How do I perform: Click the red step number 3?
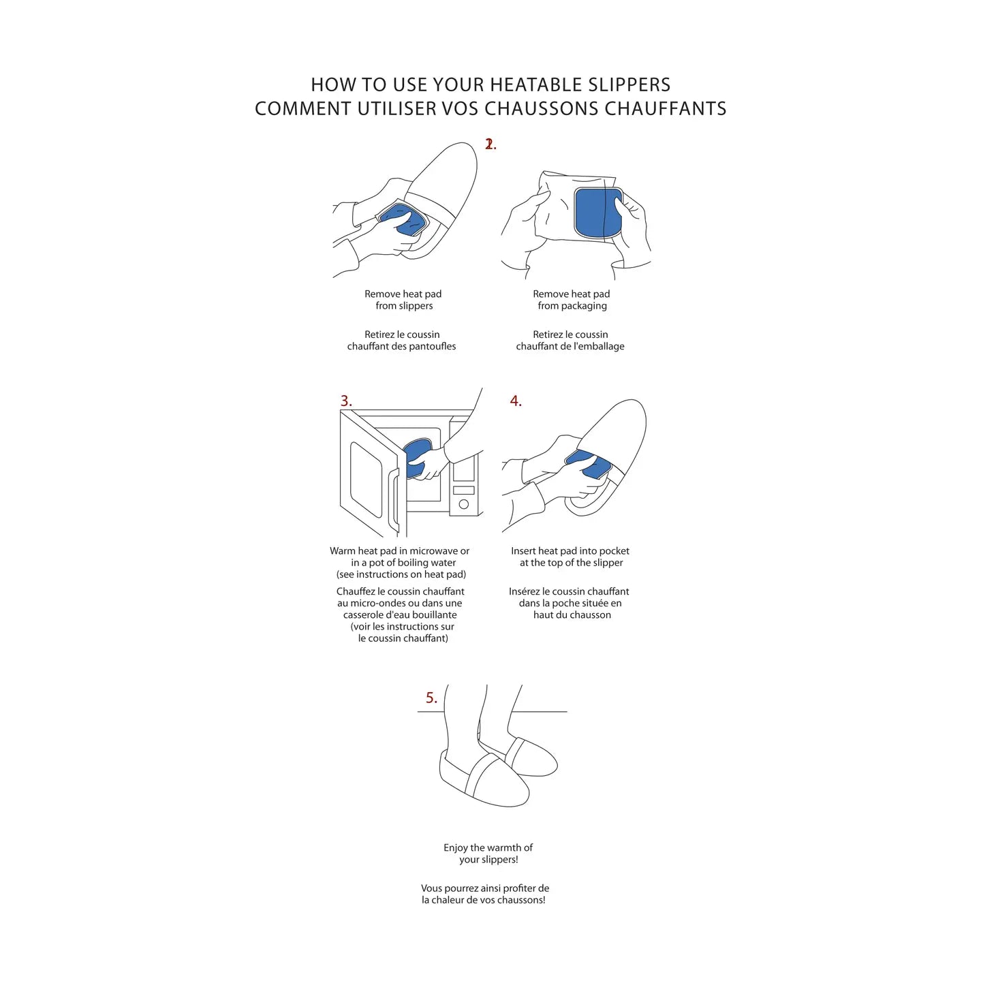[346, 401]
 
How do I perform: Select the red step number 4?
[516, 401]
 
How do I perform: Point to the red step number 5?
[431, 698]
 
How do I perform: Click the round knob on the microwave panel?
[464, 505]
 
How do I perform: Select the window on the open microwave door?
[366, 479]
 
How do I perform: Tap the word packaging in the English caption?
[584, 306]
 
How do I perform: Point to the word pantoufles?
[433, 347]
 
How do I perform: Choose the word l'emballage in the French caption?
[599, 347]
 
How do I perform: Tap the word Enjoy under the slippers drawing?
[455, 848]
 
